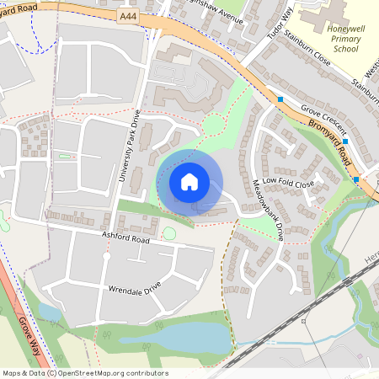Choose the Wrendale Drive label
135,289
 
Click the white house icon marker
189,181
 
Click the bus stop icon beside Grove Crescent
280,99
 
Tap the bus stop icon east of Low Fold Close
356,179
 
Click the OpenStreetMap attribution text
84,373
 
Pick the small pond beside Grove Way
49,312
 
